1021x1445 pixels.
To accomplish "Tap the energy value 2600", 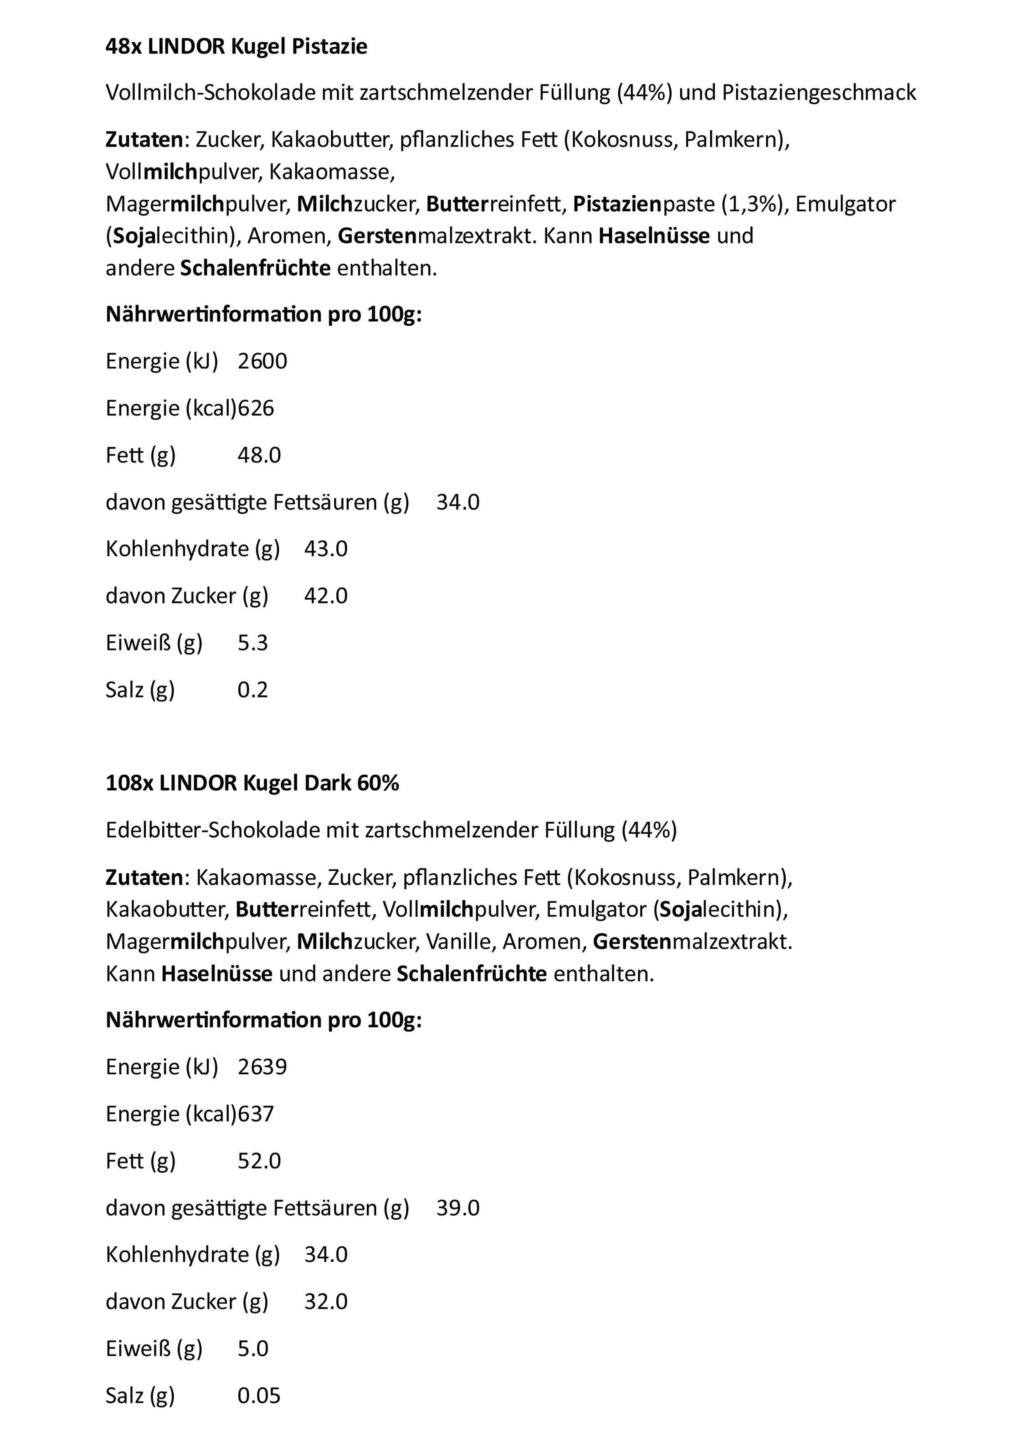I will point(262,361).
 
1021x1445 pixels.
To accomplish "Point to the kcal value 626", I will point(256,409).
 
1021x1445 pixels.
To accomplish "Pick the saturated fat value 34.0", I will point(457,502).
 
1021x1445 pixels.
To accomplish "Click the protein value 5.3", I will point(252,643).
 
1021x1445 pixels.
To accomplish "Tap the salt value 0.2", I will point(252,690).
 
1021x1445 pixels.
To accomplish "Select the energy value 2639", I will point(262,1067).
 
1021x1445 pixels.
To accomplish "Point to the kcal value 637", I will point(256,1114).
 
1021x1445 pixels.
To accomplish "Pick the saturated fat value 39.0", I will point(457,1208).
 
